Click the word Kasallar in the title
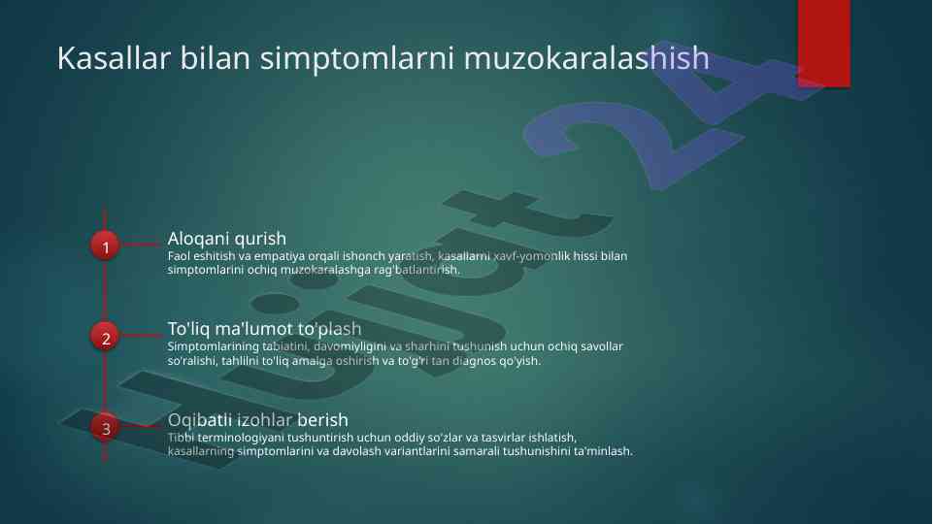coord(114,58)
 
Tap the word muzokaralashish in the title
coord(586,58)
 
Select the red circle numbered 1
coord(105,246)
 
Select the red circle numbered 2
coord(105,337)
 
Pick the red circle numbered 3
coord(105,427)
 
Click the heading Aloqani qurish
coord(227,239)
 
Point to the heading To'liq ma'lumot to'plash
coord(264,329)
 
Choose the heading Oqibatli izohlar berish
coord(257,420)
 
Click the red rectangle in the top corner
coord(823,44)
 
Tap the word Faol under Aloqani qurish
coord(178,256)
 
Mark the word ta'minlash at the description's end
coord(603,451)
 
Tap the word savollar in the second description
coord(602,346)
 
